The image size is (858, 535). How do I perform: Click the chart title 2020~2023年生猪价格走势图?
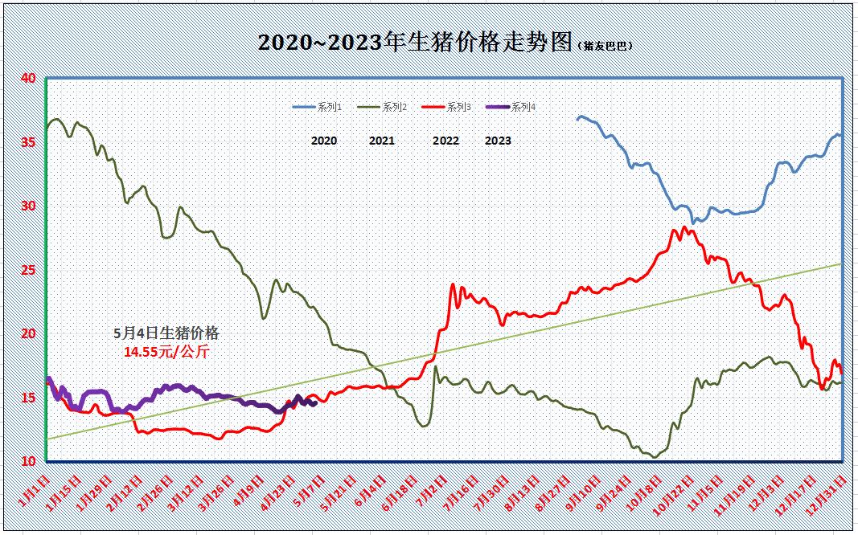point(414,43)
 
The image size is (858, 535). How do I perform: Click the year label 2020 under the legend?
point(324,141)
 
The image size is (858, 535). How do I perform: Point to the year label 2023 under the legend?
point(498,141)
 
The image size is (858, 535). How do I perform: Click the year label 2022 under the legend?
point(445,141)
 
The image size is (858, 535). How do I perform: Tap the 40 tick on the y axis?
point(28,78)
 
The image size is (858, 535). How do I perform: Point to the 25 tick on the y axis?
point(28,270)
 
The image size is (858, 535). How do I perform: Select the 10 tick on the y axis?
point(28,461)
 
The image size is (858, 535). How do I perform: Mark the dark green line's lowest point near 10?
point(655,457)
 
